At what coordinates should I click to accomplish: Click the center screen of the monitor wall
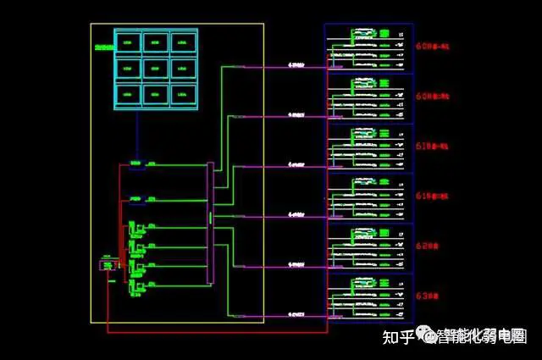(156, 67)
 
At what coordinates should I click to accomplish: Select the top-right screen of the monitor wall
(183, 42)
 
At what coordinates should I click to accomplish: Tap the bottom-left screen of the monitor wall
(129, 92)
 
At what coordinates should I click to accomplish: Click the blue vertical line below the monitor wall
(137, 136)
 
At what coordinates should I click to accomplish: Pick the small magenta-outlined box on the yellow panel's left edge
(107, 265)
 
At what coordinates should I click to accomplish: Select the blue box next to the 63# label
(369, 296)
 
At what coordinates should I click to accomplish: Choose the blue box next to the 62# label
(369, 247)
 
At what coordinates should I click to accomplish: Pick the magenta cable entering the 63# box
(296, 314)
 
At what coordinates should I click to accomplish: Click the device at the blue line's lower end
(136, 163)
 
